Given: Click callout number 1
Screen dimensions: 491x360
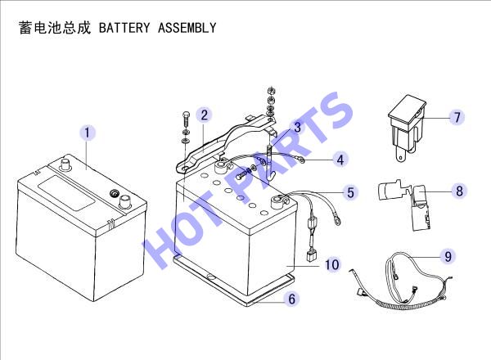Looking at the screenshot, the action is [87, 132].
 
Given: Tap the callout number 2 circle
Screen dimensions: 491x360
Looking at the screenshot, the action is [204, 115].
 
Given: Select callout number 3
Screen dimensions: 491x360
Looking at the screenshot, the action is [297, 127].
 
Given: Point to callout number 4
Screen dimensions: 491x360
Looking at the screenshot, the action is [340, 160].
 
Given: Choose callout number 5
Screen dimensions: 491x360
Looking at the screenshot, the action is [351, 192].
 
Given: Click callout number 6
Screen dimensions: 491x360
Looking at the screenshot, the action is [292, 299].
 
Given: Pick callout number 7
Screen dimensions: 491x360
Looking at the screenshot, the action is [457, 117].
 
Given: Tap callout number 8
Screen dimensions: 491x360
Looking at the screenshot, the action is [459, 191].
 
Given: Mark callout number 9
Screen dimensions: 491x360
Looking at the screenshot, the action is [448, 256].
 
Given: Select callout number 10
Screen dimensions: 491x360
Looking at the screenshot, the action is [332, 264].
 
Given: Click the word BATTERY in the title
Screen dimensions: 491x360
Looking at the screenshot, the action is [124, 28].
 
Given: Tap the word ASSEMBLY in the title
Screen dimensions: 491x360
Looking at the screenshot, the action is [187, 28].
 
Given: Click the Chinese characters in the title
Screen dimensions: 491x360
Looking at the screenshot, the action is [55, 27].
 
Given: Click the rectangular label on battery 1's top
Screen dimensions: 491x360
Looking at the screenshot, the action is [66, 192].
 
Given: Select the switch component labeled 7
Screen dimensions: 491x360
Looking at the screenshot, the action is [407, 128].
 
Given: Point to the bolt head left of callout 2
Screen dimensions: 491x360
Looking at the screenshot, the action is [186, 114].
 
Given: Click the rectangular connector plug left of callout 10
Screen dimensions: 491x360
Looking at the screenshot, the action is [311, 255].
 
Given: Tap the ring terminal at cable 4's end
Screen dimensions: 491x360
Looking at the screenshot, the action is [301, 160].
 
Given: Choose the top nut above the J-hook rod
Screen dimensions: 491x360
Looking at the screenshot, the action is [271, 91].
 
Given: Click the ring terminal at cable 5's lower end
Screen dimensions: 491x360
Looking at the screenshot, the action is [336, 220].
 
